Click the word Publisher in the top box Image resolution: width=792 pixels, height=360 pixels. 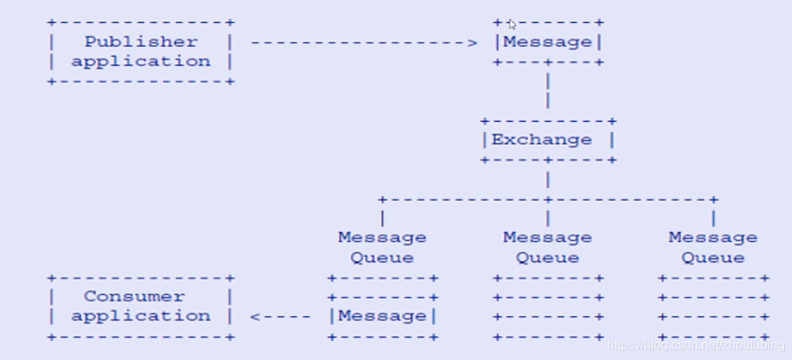[x=141, y=42]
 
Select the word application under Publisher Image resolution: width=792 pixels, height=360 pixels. [x=141, y=62]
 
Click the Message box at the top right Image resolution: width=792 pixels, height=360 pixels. [x=548, y=42]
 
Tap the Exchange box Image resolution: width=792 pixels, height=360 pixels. [x=548, y=140]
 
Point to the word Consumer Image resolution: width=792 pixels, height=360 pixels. [x=136, y=297]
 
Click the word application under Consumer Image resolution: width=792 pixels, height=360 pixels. [x=141, y=316]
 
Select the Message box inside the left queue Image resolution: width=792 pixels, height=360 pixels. [x=382, y=316]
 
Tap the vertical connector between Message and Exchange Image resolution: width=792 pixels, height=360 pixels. [x=548, y=90]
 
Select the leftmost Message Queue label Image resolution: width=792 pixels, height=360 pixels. [x=382, y=247]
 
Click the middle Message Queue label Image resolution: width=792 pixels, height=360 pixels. [x=548, y=247]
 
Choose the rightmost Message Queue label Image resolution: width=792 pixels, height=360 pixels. [x=713, y=247]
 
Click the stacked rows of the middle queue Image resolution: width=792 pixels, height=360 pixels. [x=548, y=308]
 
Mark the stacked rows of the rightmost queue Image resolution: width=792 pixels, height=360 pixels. [x=713, y=308]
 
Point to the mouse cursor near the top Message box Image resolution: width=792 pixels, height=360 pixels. [x=512, y=24]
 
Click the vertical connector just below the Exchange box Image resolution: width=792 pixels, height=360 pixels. [x=548, y=179]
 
